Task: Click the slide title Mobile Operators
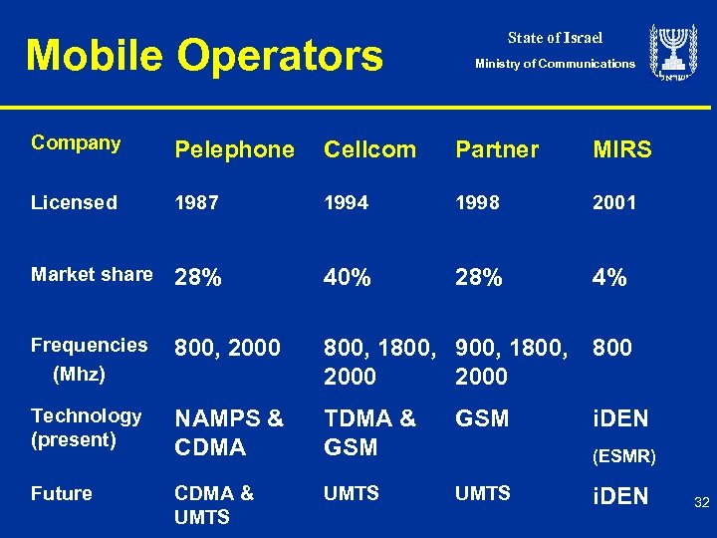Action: [x=204, y=56]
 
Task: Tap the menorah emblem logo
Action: [x=674, y=54]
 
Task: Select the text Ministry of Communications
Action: [x=555, y=64]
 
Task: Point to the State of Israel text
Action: [x=555, y=38]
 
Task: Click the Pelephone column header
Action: [x=234, y=150]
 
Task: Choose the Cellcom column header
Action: [x=369, y=150]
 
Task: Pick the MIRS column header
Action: [x=621, y=150]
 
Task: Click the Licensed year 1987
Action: [x=197, y=203]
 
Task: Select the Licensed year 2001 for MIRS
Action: [x=614, y=203]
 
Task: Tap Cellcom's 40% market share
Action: [x=348, y=279]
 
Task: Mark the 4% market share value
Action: [x=609, y=279]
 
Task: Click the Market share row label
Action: [x=92, y=274]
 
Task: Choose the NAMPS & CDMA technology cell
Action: [x=228, y=433]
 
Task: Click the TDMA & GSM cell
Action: [x=369, y=433]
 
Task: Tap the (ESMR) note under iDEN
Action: [x=623, y=457]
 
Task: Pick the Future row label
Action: [x=62, y=494]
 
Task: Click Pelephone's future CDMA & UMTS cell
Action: [x=213, y=504]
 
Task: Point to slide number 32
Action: [x=701, y=503]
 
